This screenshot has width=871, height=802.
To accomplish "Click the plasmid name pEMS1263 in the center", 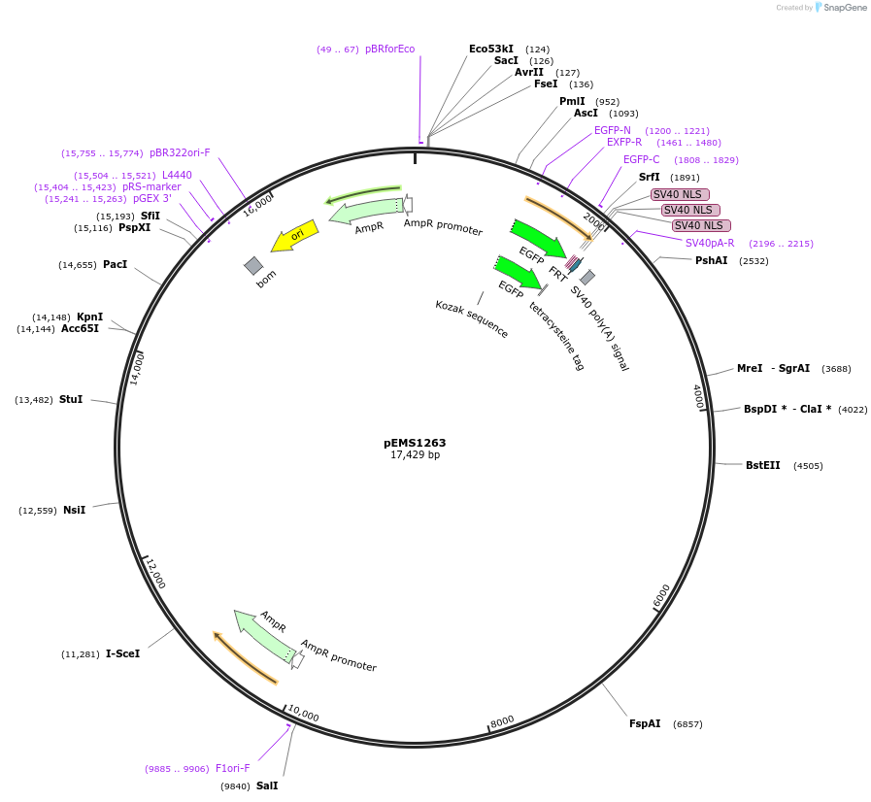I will tap(415, 443).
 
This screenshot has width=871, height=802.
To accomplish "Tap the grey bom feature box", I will tap(253, 265).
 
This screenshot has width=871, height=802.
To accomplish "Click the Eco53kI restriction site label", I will tap(490, 49).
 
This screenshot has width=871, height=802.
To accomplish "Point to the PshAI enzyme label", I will tap(711, 260).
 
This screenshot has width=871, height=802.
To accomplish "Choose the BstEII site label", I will tap(762, 465).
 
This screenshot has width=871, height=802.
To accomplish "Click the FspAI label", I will tap(645, 723).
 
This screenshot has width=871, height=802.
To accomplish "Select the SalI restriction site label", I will tap(267, 785).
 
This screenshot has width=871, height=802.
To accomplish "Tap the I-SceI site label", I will tap(122, 653).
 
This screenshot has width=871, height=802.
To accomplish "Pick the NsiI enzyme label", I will tap(74, 510).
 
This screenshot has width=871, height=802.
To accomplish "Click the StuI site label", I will tap(70, 399).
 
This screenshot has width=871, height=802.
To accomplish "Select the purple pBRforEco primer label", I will tap(389, 49).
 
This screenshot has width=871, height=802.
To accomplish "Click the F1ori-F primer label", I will tap(232, 768).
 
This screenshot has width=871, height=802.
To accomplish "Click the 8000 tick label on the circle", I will tap(502, 721).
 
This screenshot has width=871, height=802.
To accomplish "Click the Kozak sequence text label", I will tap(471, 318).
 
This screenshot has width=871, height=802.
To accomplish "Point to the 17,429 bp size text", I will tap(415, 454).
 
